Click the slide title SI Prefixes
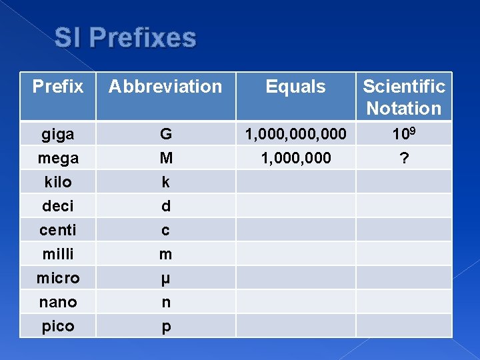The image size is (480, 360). (x=125, y=38)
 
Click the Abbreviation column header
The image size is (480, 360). (x=165, y=87)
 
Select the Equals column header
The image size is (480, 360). (x=295, y=87)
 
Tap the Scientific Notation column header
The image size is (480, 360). (x=404, y=97)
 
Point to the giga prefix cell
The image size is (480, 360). (x=58, y=134)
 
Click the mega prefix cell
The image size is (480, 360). (x=58, y=158)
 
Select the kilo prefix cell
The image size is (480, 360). (x=58, y=182)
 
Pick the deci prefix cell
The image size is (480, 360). (x=58, y=206)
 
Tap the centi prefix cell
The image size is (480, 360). (x=58, y=230)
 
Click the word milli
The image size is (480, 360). (x=58, y=254)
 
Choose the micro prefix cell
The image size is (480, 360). (x=58, y=278)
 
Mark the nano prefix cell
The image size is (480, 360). (x=58, y=302)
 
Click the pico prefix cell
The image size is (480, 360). (x=58, y=326)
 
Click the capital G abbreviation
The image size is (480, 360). (x=165, y=134)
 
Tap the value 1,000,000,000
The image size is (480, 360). (x=295, y=134)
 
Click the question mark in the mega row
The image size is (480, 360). (x=404, y=158)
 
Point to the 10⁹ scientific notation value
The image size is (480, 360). (x=404, y=133)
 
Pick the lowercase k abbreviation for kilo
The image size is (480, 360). (x=165, y=182)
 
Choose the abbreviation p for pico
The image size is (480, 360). (x=165, y=327)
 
